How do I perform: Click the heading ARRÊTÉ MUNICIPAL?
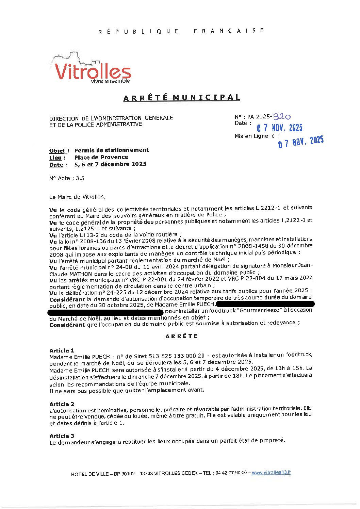point(182,98)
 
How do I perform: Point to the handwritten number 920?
point(282,116)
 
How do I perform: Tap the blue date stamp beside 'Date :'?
point(279,128)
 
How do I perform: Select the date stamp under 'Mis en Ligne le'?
point(301,142)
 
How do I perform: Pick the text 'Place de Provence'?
point(101,157)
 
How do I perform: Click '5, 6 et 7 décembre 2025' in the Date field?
point(110,164)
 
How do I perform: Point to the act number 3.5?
point(80,178)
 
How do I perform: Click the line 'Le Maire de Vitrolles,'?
point(77,197)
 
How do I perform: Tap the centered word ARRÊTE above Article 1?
point(181,336)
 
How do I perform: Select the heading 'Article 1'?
point(62,350)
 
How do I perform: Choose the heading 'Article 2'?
point(62,404)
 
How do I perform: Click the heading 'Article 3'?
point(62,436)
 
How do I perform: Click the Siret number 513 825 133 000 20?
point(177,356)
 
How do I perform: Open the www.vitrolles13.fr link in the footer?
point(271,472)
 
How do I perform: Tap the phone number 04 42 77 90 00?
point(231,473)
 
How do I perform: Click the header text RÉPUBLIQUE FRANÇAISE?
point(181,31)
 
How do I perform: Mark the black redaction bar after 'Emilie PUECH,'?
point(265,303)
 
